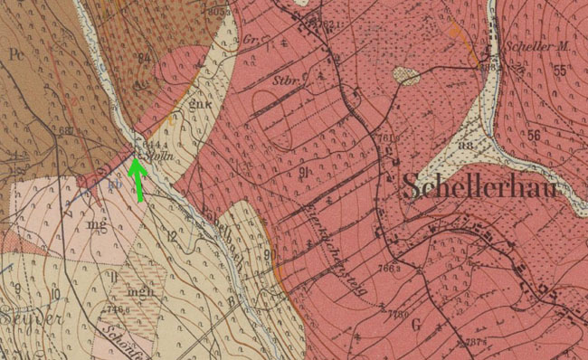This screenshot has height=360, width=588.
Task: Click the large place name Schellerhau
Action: [x=479, y=187]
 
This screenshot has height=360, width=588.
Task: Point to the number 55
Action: [x=560, y=70]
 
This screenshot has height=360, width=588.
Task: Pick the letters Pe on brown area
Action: [x=15, y=53]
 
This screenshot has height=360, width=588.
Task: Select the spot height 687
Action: [x=65, y=131]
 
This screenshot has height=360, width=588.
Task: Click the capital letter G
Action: [x=416, y=323]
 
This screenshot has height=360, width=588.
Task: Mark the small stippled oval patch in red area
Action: [x=406, y=76]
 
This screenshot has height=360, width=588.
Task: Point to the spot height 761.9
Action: [x=386, y=138]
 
